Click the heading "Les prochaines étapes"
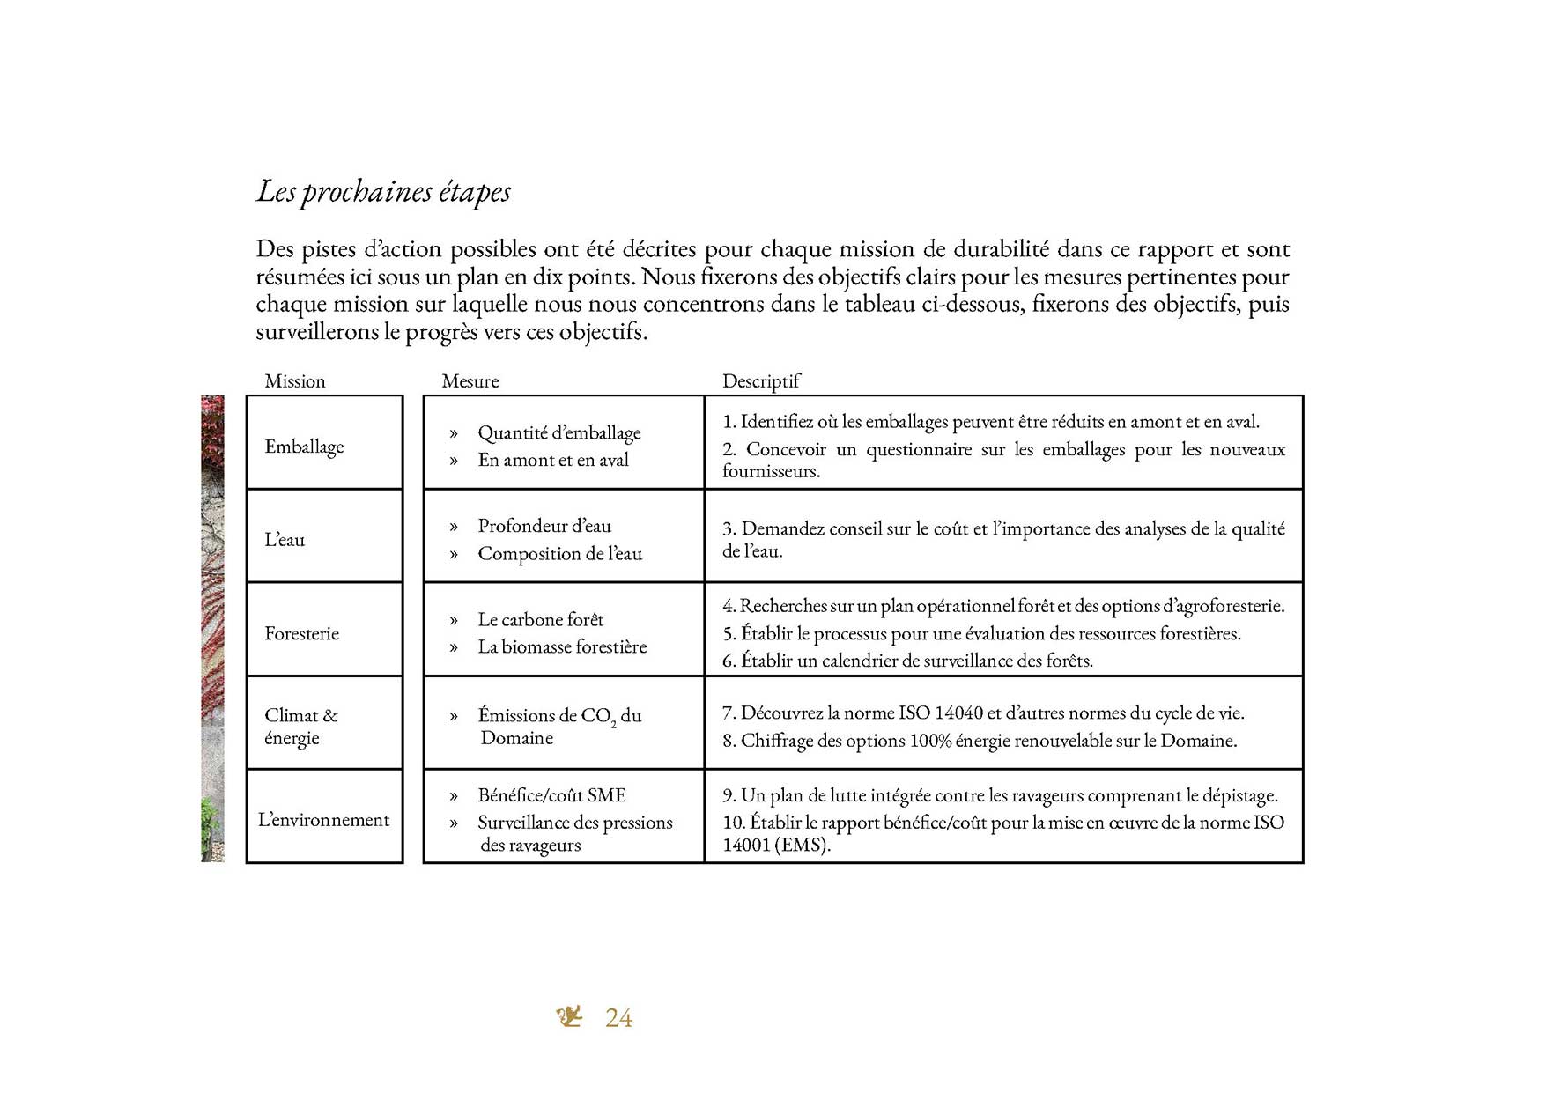[x=383, y=192]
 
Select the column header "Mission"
[x=295, y=381]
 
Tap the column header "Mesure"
[x=470, y=381]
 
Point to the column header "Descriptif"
[x=761, y=381]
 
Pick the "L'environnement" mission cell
[x=323, y=820]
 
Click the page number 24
[x=618, y=1018]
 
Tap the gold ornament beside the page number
[x=570, y=1016]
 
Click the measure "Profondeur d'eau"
[x=544, y=526]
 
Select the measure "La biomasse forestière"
[x=562, y=646]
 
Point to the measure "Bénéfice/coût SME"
[x=551, y=795]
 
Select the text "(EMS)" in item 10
[x=803, y=845]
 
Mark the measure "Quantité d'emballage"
[x=559, y=432]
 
